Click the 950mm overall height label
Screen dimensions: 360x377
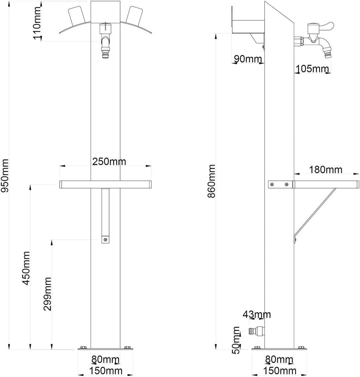[5, 176]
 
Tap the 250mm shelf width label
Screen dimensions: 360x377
[109, 162]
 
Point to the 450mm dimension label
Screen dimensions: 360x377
[26, 268]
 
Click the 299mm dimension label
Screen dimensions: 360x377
[47, 294]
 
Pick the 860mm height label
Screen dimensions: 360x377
[212, 181]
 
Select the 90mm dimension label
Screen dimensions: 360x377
[248, 59]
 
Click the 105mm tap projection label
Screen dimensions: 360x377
[312, 69]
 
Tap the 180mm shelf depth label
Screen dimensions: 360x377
[326, 170]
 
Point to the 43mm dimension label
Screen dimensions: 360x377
[257, 314]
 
